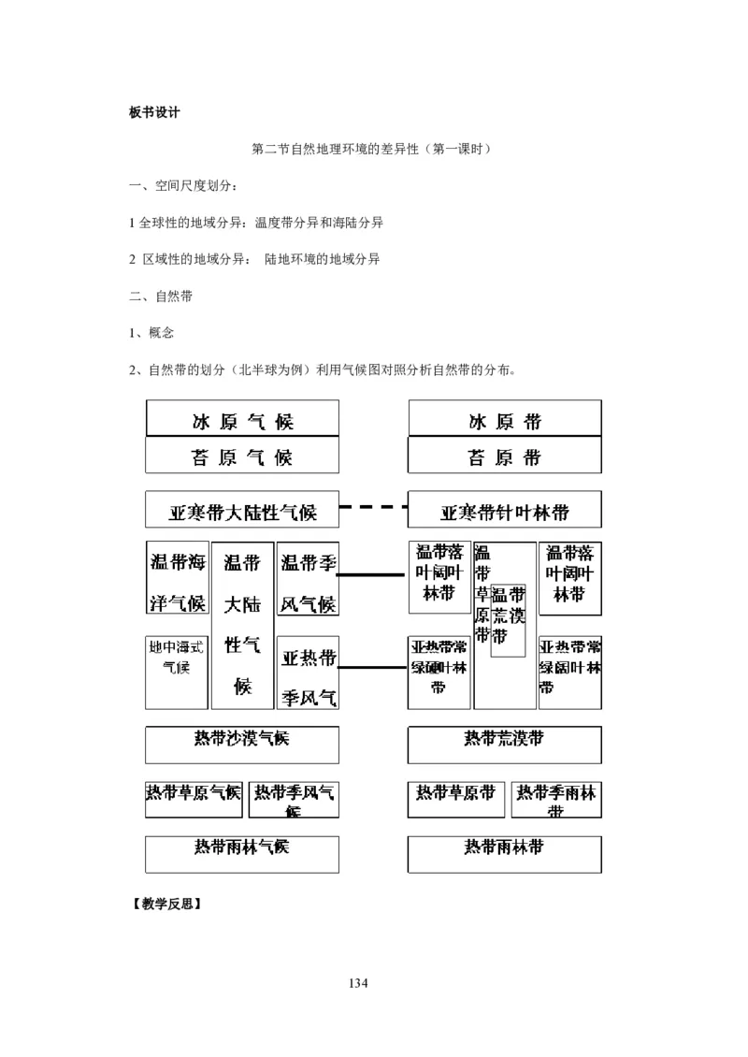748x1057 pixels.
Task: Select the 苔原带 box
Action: click(x=505, y=456)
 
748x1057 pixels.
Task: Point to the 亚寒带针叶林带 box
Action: click(x=505, y=511)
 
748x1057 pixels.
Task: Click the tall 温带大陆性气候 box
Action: click(x=243, y=625)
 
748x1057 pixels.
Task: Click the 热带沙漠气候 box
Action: click(x=242, y=744)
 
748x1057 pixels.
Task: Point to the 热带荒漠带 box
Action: click(x=505, y=744)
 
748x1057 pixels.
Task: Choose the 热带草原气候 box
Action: click(x=194, y=798)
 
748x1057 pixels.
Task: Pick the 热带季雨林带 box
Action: click(x=556, y=798)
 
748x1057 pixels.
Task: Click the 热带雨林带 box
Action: click(x=505, y=853)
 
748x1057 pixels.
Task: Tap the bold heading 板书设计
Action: click(x=154, y=112)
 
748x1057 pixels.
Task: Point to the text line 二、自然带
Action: click(x=161, y=296)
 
